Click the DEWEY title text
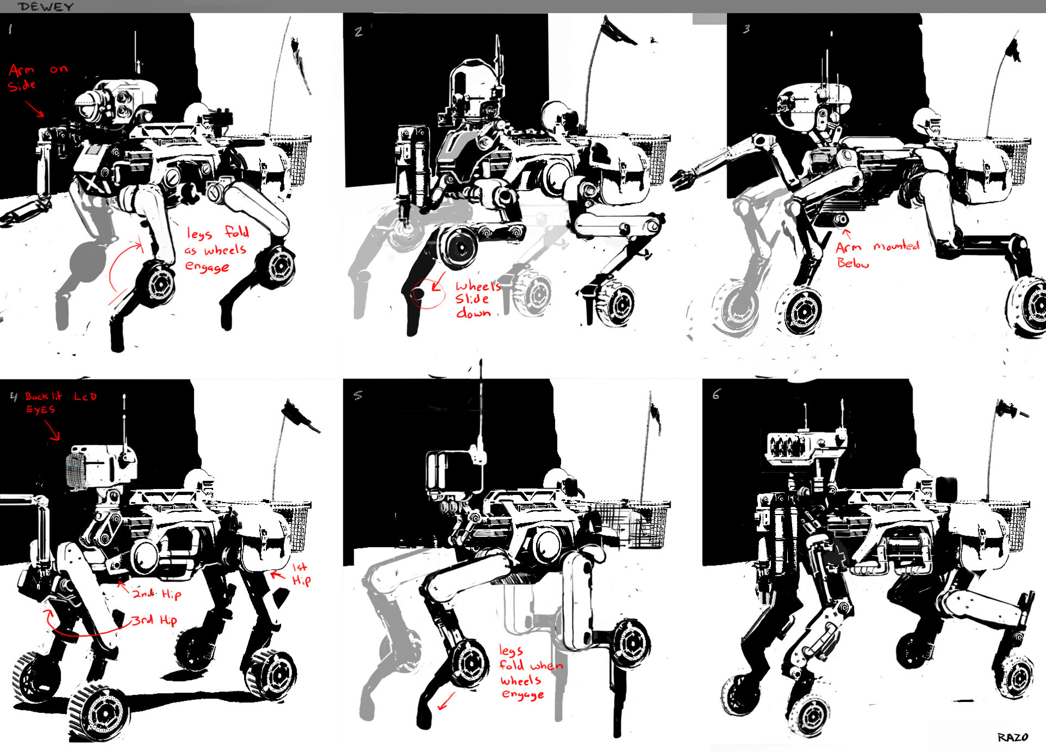click(46, 7)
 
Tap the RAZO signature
click(1013, 737)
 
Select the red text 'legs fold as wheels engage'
click(217, 249)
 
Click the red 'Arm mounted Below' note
click(877, 254)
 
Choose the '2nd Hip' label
click(157, 594)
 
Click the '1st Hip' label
click(301, 574)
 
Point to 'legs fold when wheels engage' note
click(531, 672)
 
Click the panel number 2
click(358, 32)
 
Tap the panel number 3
click(746, 28)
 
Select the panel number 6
click(716, 394)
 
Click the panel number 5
click(357, 395)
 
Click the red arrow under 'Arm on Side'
click(34, 108)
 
